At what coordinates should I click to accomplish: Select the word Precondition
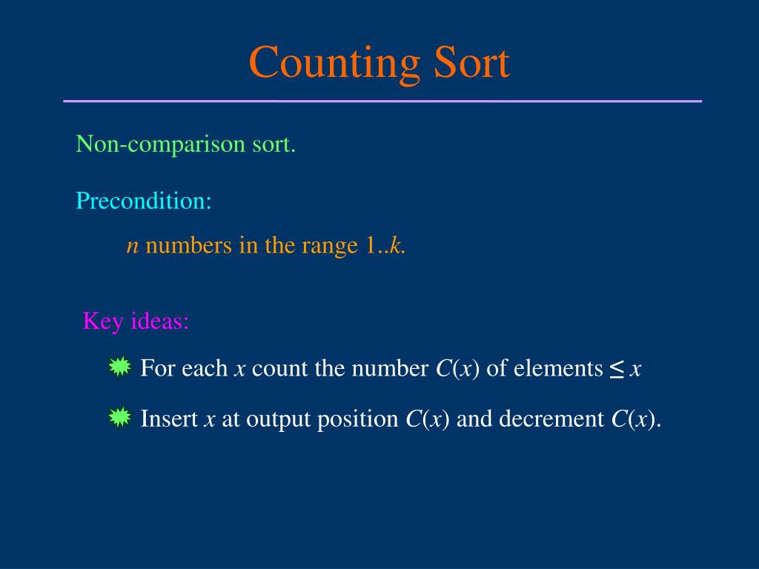(x=143, y=200)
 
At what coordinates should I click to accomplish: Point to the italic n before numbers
(x=133, y=247)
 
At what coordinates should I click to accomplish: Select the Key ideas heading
(x=136, y=322)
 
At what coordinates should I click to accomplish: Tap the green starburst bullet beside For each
(x=119, y=367)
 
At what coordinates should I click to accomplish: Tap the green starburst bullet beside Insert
(x=119, y=419)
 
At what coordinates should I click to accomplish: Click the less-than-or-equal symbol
(x=617, y=368)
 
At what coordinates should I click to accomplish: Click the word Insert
(x=169, y=419)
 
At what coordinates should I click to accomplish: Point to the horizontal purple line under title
(x=382, y=101)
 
